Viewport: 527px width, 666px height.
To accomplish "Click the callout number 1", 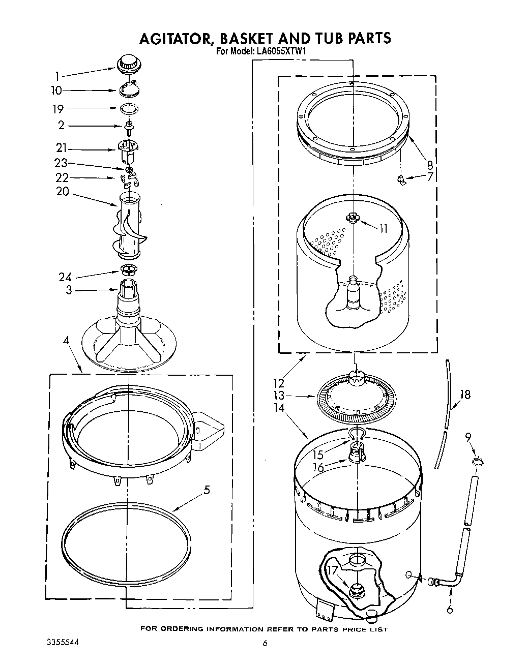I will pos(57,77).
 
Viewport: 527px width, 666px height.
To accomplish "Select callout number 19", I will pos(58,109).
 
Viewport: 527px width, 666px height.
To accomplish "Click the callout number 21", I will pos(62,148).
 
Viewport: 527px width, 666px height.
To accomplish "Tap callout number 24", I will pos(65,277).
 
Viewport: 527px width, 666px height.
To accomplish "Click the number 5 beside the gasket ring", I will pos(207,490).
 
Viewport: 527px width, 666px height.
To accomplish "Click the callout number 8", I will pos(430,165).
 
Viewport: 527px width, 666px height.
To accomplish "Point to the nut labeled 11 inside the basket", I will pos(352,218).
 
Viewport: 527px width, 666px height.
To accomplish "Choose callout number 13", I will pos(278,396).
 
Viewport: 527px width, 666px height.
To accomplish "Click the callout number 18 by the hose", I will pos(464,395).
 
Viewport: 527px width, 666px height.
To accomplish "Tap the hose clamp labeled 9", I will pos(476,462).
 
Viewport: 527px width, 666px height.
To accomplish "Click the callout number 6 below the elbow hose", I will pos(450,610).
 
